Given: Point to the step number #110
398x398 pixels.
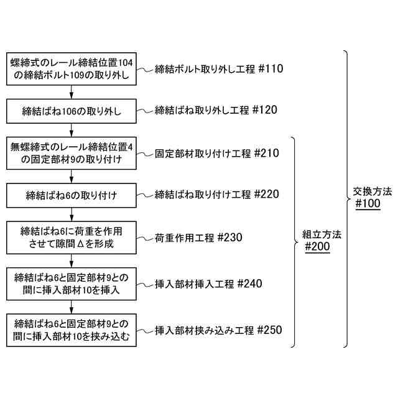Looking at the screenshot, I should click(x=269, y=69).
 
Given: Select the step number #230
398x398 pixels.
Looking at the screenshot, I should click(x=220, y=237).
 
